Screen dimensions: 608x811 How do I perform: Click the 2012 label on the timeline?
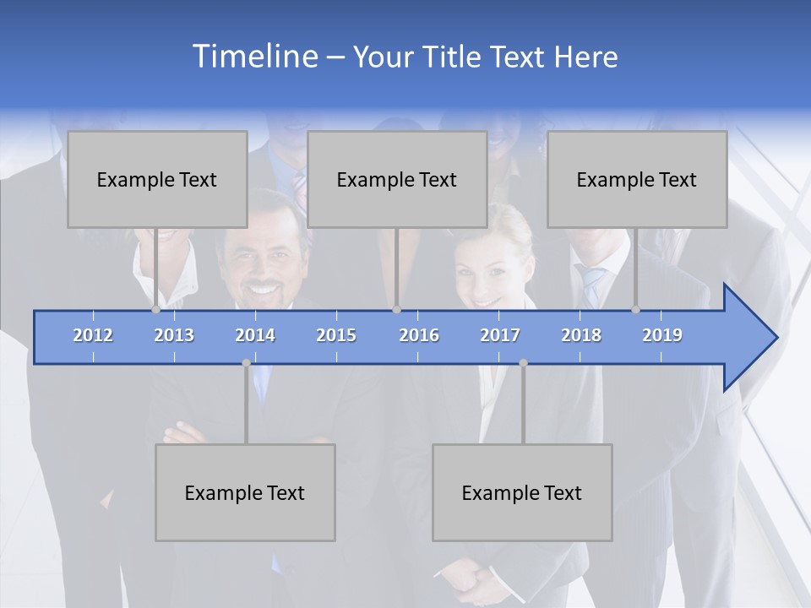[x=93, y=335]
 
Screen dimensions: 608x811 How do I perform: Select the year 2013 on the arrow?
[x=174, y=335]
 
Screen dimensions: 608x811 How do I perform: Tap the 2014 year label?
[x=255, y=335]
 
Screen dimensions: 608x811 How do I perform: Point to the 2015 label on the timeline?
[x=336, y=335]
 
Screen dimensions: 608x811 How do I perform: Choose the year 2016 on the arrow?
[x=419, y=335]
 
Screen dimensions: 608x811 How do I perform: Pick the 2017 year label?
[x=500, y=335]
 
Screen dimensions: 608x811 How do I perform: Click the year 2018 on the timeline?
[x=581, y=335]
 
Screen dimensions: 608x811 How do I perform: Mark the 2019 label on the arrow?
[x=662, y=335]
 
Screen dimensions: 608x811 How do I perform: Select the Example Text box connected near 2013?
[x=157, y=179]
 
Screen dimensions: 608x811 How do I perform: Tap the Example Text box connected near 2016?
[x=397, y=179]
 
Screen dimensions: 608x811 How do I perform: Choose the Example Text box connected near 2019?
[x=637, y=179]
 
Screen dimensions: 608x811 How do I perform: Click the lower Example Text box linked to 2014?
[x=245, y=492]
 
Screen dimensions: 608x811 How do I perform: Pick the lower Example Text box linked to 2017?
[x=522, y=492]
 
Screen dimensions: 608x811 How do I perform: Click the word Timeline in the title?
[x=254, y=56]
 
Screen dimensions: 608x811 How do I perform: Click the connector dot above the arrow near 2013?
[x=155, y=310]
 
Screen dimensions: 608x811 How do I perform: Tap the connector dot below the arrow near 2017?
[x=523, y=363]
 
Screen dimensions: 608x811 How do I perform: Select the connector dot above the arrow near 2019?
[x=636, y=310]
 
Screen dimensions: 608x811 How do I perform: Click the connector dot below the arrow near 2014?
[x=246, y=363]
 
